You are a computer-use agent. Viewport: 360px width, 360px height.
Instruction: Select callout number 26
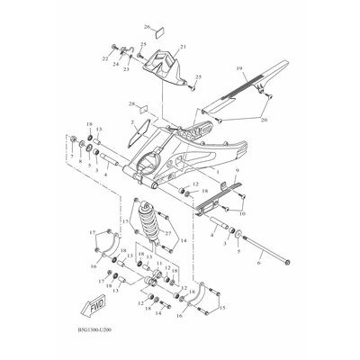(x=147, y=29)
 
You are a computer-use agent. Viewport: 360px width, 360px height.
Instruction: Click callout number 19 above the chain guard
(x=240, y=68)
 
